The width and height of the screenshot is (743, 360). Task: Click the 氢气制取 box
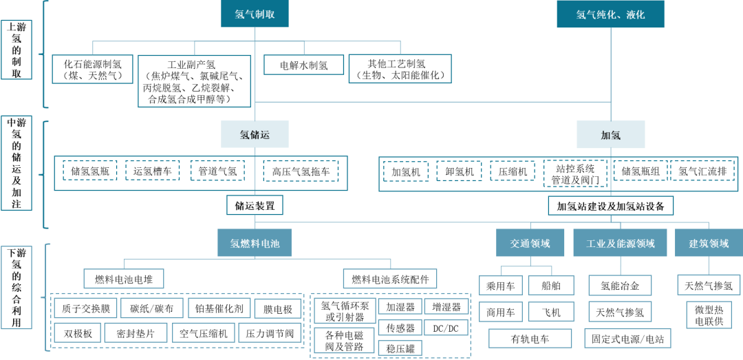pos(255,14)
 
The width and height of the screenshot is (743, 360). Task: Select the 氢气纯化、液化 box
pos(610,14)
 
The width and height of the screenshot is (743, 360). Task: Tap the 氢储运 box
pos(255,134)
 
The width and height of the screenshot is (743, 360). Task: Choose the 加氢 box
pos(610,134)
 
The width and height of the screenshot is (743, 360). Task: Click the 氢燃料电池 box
pos(255,243)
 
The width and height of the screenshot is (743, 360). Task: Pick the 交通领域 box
pos(530,243)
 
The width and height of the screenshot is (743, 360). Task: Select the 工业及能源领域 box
pos(620,243)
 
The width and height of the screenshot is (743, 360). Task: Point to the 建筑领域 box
pos(709,243)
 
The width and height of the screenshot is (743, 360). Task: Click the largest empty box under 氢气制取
pos(194,81)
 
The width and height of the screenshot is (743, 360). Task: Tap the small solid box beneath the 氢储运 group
pos(255,205)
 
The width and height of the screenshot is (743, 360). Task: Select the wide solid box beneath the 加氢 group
pos(610,205)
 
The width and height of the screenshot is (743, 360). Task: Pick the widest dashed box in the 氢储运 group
pos(301,171)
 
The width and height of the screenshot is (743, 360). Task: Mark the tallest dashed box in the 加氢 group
pos(575,173)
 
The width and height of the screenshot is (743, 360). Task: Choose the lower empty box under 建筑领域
pos(709,315)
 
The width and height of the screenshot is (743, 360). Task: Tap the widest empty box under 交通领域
pos(530,338)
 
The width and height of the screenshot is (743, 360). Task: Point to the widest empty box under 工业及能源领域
pos(627,338)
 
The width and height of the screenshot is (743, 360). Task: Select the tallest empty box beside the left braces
pos(17,163)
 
